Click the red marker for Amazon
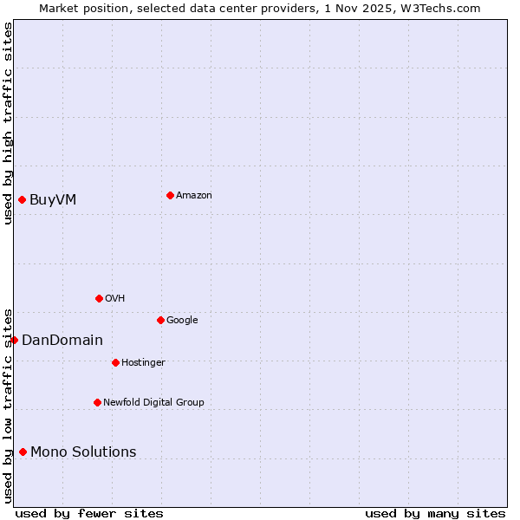coord(170,195)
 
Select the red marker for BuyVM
coord(22,199)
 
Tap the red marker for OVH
coord(99,298)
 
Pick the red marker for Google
coord(160,320)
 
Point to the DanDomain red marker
coord(14,340)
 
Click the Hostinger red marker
coord(115,362)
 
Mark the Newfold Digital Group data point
coord(97,402)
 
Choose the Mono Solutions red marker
coord(23,452)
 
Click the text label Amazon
coord(193,195)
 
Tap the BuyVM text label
coord(53,199)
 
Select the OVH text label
coord(114,298)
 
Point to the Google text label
coord(182,320)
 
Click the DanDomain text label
coord(62,340)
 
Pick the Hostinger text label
coord(143,362)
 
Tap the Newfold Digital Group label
coord(153,402)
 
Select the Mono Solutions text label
coord(83,452)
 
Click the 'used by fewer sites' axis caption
coord(89,513)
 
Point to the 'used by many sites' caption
coord(435,513)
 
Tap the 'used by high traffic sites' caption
coord(8,123)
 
